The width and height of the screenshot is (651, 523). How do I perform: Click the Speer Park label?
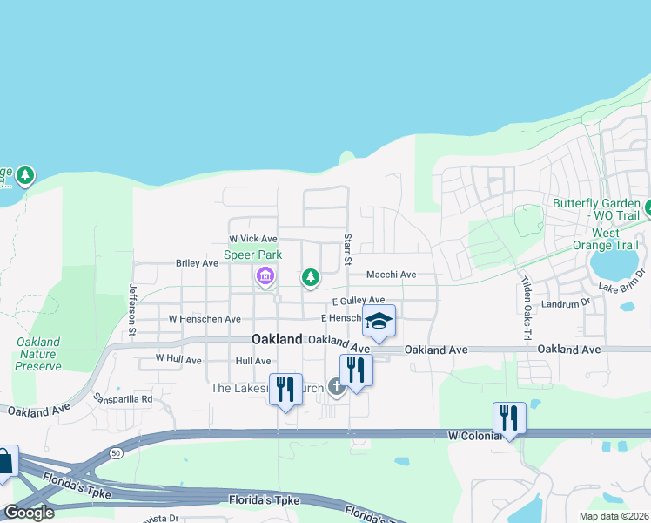point(254,255)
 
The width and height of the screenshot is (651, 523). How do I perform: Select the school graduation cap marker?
point(379,322)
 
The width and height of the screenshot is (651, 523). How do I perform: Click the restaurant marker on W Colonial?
point(509,418)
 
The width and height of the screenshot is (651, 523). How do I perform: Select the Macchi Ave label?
point(391,275)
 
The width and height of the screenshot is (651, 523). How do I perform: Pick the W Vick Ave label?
point(252,239)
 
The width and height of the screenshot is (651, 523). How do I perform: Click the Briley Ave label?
point(197,262)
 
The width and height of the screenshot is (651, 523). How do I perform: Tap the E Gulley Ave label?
point(358,300)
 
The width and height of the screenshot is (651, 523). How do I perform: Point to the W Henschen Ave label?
point(205,319)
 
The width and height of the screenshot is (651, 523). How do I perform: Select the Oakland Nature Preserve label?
point(38,354)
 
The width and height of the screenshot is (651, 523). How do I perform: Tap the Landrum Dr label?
point(566,304)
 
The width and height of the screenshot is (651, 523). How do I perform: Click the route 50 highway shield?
point(116,452)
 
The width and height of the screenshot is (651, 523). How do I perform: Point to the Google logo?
point(29,513)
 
